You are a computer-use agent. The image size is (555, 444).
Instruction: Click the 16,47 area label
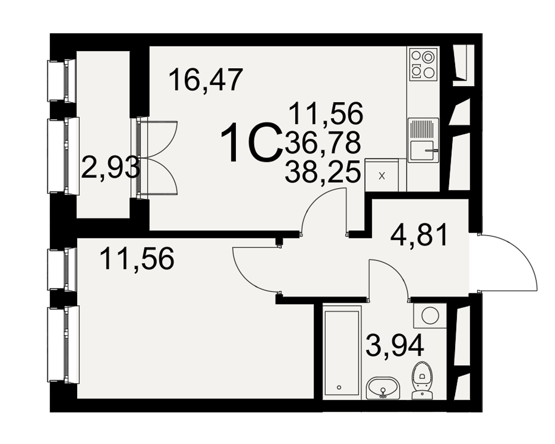[x=206, y=80]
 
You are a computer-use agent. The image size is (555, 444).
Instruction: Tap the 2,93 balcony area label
[x=110, y=168]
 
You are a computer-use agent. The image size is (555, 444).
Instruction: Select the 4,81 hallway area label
[x=420, y=234]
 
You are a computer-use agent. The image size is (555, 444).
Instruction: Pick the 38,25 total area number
[x=322, y=171]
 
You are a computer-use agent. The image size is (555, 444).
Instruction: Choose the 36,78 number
[x=322, y=142]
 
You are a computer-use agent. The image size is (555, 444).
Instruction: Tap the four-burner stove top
[x=423, y=64]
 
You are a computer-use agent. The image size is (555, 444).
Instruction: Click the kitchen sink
[x=423, y=140]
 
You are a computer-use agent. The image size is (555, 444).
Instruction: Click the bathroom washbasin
[x=383, y=388]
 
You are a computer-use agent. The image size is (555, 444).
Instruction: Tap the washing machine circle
[x=430, y=315]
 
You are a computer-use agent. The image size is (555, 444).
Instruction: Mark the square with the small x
[x=382, y=175]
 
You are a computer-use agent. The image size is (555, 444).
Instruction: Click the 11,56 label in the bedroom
[x=137, y=259]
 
